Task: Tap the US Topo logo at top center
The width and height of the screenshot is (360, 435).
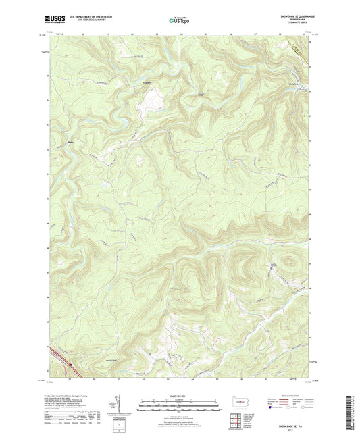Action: [179, 20]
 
